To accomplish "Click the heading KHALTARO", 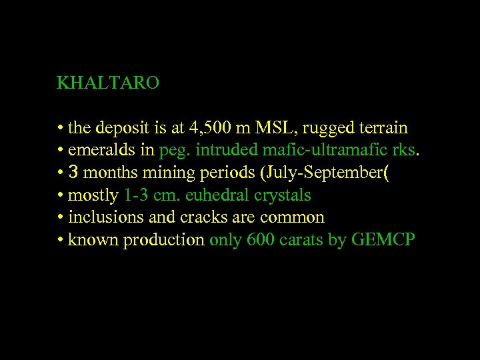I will pos(108,83).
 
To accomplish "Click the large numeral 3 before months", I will pos(74,173).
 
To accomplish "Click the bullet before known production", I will pos(60,241).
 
